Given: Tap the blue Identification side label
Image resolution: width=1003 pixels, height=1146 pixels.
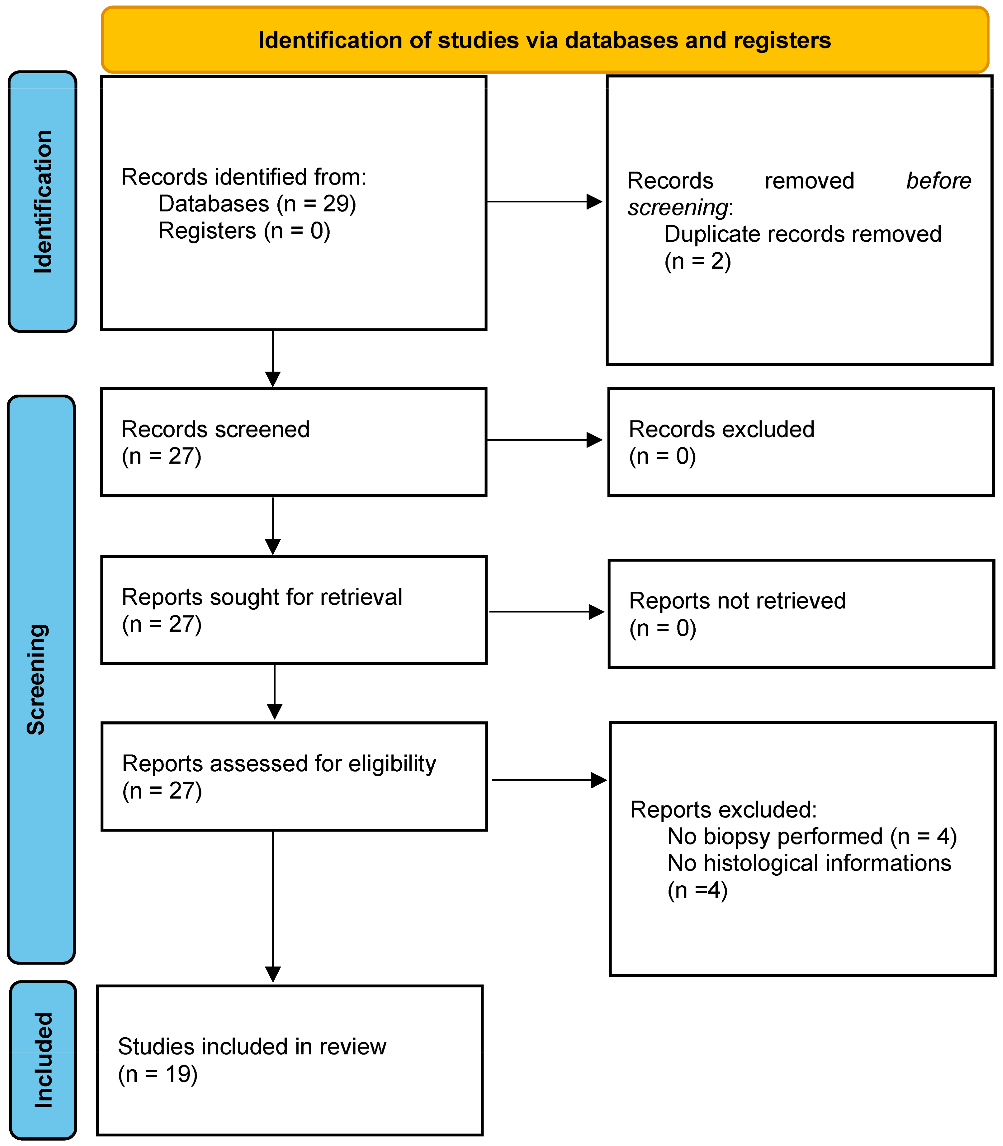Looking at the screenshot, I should (x=43, y=201).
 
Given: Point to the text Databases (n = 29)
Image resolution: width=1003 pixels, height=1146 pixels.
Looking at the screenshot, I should (x=257, y=204).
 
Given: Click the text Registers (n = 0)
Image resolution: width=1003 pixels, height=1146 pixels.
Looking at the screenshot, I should (x=244, y=230).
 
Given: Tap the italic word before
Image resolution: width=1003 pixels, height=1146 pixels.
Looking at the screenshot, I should (x=938, y=181).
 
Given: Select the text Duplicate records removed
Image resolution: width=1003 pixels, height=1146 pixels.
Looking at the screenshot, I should (x=802, y=234).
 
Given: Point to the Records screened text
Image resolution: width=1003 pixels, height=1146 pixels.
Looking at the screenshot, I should (x=215, y=429).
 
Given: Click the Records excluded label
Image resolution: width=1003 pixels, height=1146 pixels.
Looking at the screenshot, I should (x=721, y=429).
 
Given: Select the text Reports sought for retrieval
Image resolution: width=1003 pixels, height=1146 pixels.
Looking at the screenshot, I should (x=262, y=597).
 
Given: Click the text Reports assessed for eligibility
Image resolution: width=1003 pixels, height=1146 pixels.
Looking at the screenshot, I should (x=279, y=764).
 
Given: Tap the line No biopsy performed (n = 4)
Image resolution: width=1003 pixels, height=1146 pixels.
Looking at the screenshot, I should (x=811, y=836).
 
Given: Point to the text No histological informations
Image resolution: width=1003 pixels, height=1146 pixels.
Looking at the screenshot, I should (x=809, y=863).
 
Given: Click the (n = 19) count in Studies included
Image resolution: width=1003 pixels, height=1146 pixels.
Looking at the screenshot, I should (x=158, y=1075).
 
